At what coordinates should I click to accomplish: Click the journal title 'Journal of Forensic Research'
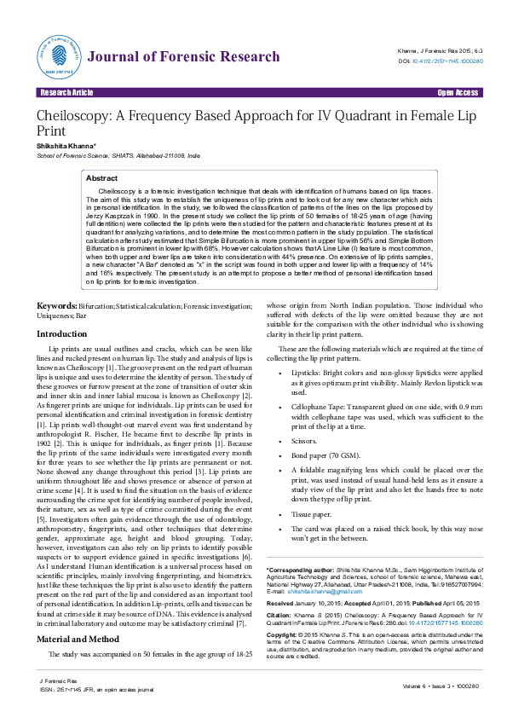[x=182, y=57]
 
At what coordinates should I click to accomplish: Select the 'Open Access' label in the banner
[x=458, y=92]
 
